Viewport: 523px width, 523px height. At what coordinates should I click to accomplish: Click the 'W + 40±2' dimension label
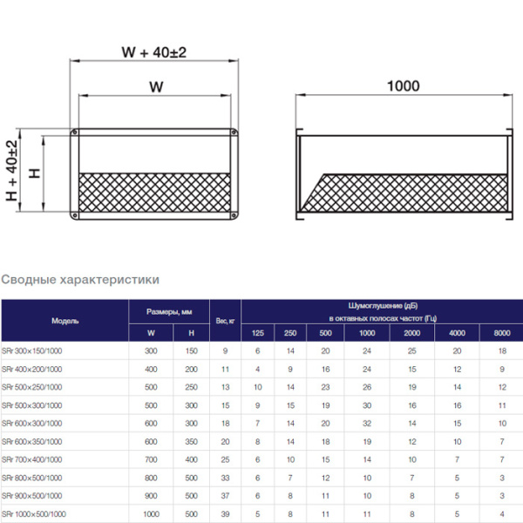(153, 52)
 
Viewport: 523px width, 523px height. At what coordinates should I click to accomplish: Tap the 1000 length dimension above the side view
(403, 85)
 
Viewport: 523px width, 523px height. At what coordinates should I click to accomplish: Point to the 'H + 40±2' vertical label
(12, 172)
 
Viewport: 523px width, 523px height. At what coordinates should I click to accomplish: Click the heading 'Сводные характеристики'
(80, 280)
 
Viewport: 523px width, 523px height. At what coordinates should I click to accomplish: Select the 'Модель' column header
(65, 321)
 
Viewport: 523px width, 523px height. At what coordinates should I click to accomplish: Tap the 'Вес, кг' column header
(225, 321)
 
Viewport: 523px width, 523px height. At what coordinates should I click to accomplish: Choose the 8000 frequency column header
(502, 333)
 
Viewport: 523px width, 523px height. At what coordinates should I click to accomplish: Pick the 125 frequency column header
(257, 333)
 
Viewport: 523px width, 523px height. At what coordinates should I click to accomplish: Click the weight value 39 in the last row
(225, 513)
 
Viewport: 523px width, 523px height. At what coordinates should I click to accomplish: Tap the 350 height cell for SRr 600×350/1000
(191, 441)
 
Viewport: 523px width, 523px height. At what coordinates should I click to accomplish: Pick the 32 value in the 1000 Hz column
(367, 423)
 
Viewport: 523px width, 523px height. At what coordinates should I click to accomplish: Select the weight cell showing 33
(225, 477)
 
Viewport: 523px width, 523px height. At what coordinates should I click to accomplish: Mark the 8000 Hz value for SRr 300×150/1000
(502, 350)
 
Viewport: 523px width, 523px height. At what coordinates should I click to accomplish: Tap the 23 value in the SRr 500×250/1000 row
(325, 387)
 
